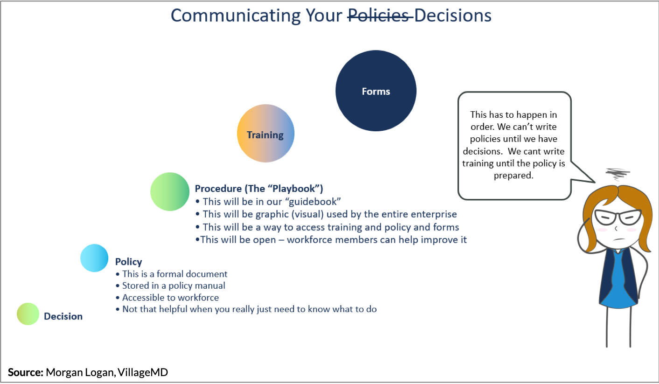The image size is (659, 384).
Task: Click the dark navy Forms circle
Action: (x=376, y=91)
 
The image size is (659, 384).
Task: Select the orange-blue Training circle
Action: (x=266, y=134)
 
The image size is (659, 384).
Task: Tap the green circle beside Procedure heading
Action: (x=170, y=192)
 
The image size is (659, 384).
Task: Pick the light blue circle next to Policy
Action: (x=94, y=258)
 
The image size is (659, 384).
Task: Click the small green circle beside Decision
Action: (x=28, y=314)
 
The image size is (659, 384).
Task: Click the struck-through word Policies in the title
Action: (x=380, y=15)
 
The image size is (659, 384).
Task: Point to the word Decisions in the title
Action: (x=453, y=15)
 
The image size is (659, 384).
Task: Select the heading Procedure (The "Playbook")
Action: (x=259, y=188)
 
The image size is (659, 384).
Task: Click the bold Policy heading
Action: (x=128, y=262)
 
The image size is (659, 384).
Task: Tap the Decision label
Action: (x=63, y=316)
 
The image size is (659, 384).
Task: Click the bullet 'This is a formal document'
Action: (x=171, y=274)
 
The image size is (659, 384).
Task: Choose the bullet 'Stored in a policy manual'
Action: (x=170, y=285)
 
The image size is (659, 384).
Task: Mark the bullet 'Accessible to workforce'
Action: (x=167, y=298)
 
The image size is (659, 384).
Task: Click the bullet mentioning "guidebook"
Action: (x=268, y=202)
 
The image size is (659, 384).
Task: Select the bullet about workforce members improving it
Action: (x=331, y=240)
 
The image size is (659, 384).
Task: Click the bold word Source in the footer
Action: (x=26, y=372)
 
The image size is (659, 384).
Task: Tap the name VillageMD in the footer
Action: (x=143, y=372)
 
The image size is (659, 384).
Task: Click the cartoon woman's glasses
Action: (x=618, y=217)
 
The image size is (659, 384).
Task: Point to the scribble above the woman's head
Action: (x=617, y=174)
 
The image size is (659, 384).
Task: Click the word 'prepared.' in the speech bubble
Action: (x=513, y=176)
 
